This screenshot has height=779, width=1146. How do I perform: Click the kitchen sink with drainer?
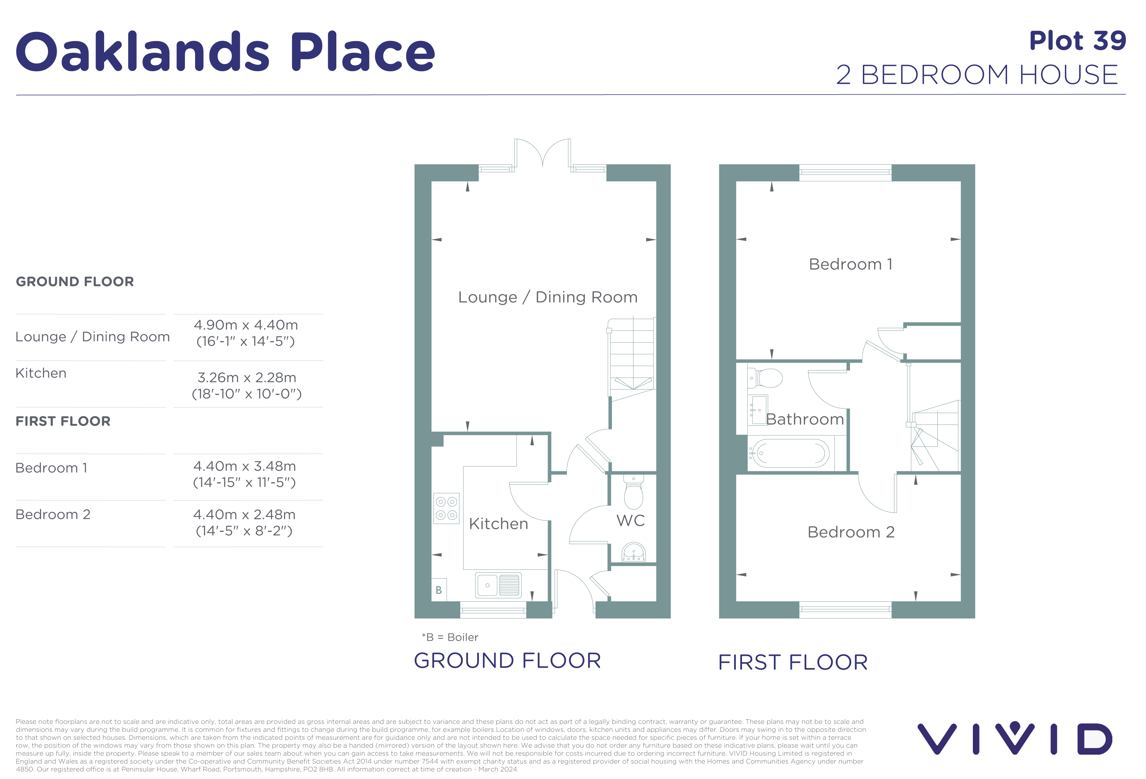pos(498,585)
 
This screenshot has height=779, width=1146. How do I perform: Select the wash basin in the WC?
pos(633,552)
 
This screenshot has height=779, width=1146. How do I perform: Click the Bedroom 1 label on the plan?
pos(851,264)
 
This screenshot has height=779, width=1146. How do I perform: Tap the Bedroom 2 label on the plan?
pos(851,532)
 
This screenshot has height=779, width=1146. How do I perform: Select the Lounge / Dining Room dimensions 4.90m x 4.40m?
pos(246,325)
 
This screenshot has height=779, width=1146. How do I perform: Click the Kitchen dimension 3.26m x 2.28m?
pos(247,378)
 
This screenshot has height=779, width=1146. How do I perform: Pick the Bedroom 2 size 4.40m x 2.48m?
pos(244,515)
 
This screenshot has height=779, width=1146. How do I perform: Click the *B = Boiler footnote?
pos(450,637)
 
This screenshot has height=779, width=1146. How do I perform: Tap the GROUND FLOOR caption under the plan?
pos(507,661)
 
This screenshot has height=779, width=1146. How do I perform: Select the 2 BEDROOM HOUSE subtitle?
pos(977,75)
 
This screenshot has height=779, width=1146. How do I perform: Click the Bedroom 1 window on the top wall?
pos(845,172)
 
